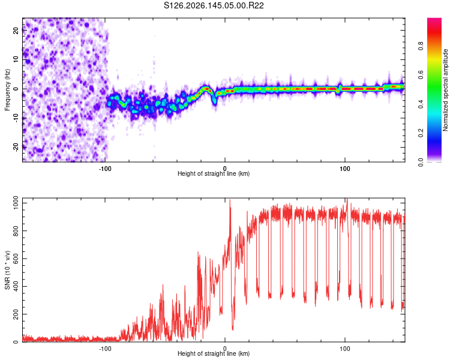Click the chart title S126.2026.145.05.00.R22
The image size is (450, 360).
click(214, 5)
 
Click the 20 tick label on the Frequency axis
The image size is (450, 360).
click(16, 31)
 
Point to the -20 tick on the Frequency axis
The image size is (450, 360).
click(16, 147)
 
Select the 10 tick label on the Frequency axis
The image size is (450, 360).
click(16, 59)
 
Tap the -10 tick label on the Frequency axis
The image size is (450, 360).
click(16, 118)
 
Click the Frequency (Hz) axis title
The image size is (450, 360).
click(7, 90)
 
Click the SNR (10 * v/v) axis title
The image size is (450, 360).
click(7, 270)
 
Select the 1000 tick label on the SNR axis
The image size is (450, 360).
click(16, 203)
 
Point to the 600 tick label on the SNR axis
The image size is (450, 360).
click(16, 259)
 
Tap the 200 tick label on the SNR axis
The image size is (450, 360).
click(16, 314)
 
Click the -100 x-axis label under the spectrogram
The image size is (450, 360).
click(105, 169)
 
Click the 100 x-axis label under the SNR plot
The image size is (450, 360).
click(344, 349)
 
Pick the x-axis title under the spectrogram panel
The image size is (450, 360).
click(214, 173)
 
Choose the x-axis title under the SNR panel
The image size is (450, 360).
click(214, 353)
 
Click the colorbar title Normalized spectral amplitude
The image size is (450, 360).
click(445, 90)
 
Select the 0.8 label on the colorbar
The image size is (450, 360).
click(421, 46)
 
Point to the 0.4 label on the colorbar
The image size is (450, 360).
click(421, 104)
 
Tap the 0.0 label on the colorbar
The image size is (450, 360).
click(421, 163)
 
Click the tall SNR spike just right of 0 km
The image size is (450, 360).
click(230, 218)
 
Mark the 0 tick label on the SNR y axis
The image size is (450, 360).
click(16, 342)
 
